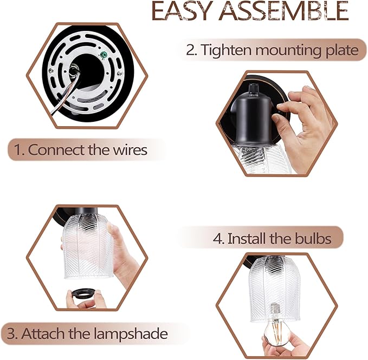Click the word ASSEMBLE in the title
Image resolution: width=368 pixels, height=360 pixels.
283,10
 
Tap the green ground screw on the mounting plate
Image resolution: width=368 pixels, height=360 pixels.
104,55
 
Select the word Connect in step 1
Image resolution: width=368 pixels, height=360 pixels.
56,150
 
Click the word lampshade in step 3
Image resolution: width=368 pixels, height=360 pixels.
131,333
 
